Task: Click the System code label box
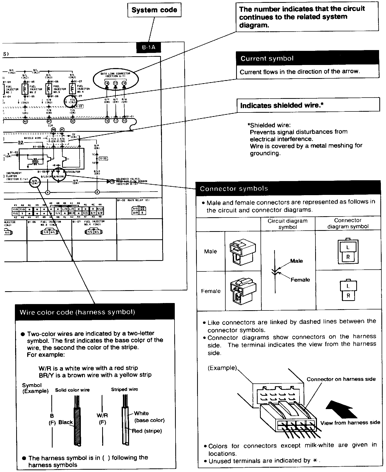(154, 10)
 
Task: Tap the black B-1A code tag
(149, 47)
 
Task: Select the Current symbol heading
(267, 59)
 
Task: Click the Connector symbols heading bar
(234, 189)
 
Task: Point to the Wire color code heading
(77, 312)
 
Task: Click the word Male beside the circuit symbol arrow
(296, 261)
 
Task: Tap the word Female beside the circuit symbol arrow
(300, 280)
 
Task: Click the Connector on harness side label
(341, 379)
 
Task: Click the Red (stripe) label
(147, 431)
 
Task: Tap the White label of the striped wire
(141, 413)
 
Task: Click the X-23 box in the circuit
(103, 159)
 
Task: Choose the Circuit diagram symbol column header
(287, 224)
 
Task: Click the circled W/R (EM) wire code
(35, 182)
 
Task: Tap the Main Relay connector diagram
(139, 211)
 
